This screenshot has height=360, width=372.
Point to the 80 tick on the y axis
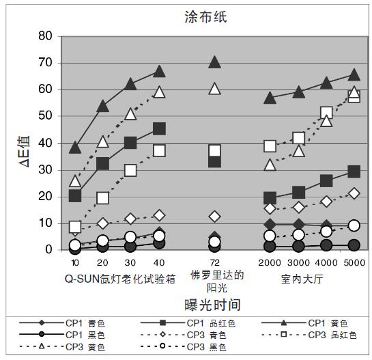(45, 36)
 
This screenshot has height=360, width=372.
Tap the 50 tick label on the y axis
(45, 116)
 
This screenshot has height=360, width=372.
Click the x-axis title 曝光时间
(212, 304)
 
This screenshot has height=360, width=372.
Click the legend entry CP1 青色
(89, 322)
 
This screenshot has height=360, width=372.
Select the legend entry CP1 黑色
(89, 335)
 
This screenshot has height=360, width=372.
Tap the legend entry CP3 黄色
(89, 347)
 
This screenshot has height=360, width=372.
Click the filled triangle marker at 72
(214, 62)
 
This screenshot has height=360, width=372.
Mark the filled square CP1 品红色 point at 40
(159, 128)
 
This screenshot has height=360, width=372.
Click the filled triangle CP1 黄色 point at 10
(75, 147)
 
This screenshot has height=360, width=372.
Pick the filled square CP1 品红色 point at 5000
(354, 171)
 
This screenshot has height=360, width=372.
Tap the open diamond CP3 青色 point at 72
(214, 217)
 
